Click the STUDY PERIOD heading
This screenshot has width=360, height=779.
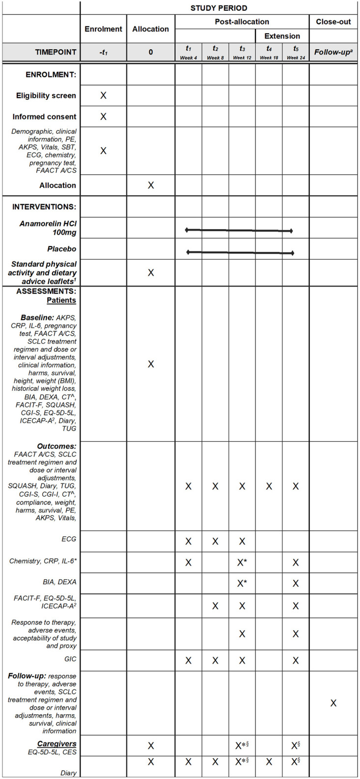point(219,8)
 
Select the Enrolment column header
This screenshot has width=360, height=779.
point(103,29)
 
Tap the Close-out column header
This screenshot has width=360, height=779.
point(333,22)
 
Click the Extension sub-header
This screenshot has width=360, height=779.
point(282,36)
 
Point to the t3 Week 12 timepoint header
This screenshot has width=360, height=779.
point(242,52)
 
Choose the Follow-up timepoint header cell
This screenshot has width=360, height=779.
point(333,52)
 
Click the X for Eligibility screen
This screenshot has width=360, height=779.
point(103,95)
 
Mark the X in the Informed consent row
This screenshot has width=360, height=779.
point(103,117)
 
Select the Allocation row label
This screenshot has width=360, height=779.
point(58,186)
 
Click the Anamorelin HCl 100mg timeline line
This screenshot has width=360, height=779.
point(239,230)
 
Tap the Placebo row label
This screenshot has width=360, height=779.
point(62,249)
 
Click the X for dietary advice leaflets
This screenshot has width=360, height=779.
point(151,272)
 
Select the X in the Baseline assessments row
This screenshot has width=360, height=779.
point(151,364)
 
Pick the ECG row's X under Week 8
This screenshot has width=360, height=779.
point(215,541)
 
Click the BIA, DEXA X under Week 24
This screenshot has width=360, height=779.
point(295,584)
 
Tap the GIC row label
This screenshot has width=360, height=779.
point(70,659)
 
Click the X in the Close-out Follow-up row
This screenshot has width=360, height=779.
point(333,703)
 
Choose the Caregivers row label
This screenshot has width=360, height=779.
point(56,744)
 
